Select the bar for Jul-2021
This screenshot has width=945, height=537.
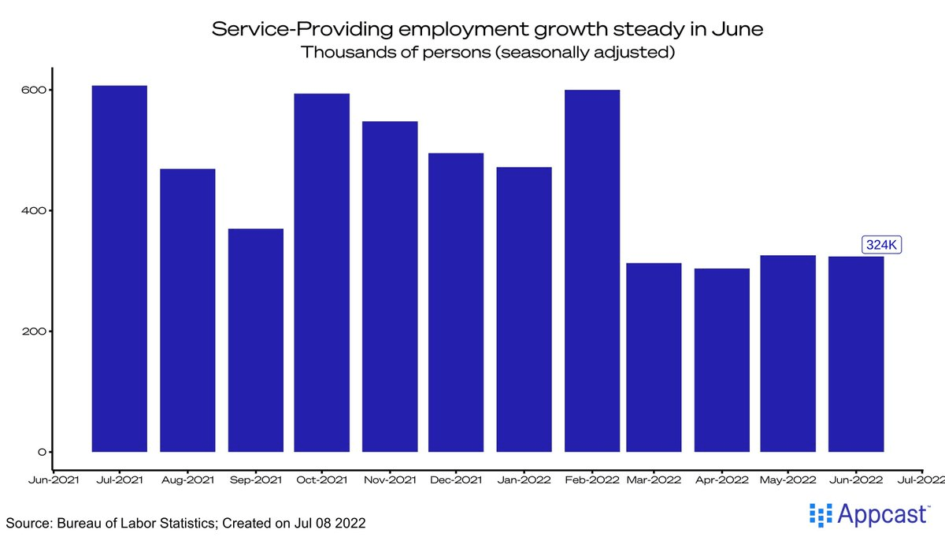[120, 268]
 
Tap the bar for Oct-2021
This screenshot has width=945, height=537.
[321, 272]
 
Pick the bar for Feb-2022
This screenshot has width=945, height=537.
[592, 271]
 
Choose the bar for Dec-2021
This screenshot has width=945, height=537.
[456, 302]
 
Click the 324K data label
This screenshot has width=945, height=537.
[881, 245]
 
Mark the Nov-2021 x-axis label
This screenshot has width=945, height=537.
[389, 478]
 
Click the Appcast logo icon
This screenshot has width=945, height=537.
[821, 516]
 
